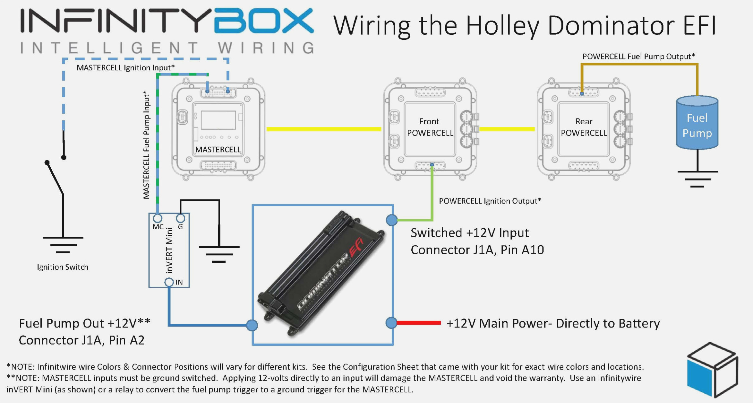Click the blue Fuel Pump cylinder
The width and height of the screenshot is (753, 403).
tap(697, 124)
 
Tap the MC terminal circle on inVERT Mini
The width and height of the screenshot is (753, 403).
tap(158, 218)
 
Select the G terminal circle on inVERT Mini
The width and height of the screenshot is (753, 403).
tap(181, 218)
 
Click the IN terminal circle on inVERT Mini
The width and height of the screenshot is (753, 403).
tap(169, 282)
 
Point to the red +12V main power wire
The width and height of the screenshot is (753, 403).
tap(419, 323)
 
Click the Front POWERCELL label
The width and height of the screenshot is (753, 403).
tap(430, 127)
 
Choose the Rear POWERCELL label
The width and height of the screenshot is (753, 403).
tap(584, 127)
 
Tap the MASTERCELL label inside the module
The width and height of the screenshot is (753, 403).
tap(218, 150)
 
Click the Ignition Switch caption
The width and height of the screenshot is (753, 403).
tap(63, 267)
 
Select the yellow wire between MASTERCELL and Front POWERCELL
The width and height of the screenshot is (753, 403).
tap(324, 129)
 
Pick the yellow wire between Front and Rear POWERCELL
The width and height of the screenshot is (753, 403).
tap(507, 129)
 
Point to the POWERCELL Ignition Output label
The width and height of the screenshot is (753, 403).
tap(490, 201)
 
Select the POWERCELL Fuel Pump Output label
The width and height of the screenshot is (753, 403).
tap(638, 57)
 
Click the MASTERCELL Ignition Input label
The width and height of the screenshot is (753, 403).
tap(125, 68)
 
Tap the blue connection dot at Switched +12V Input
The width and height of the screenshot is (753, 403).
tap(392, 220)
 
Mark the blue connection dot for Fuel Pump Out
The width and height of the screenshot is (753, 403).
tap(252, 325)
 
